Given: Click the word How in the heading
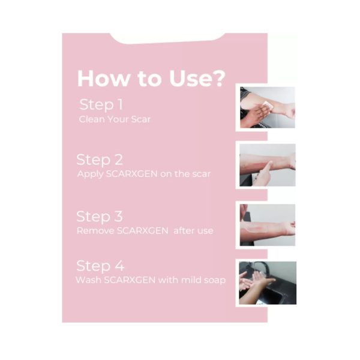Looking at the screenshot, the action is click(x=104, y=78).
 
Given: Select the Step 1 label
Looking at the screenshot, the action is click(x=101, y=104).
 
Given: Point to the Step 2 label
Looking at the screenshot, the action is click(x=100, y=160).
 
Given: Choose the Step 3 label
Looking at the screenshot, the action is click(x=100, y=217).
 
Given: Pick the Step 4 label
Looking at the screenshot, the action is click(x=100, y=266).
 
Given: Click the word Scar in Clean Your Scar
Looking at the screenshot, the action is click(x=140, y=119).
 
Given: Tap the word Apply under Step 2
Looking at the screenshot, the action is click(x=90, y=174).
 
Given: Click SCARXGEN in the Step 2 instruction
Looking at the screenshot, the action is click(x=132, y=174).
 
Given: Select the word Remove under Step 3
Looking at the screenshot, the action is click(x=95, y=231).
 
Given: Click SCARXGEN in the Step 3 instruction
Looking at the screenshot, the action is click(x=143, y=231).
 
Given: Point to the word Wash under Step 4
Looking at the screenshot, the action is click(x=88, y=280).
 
